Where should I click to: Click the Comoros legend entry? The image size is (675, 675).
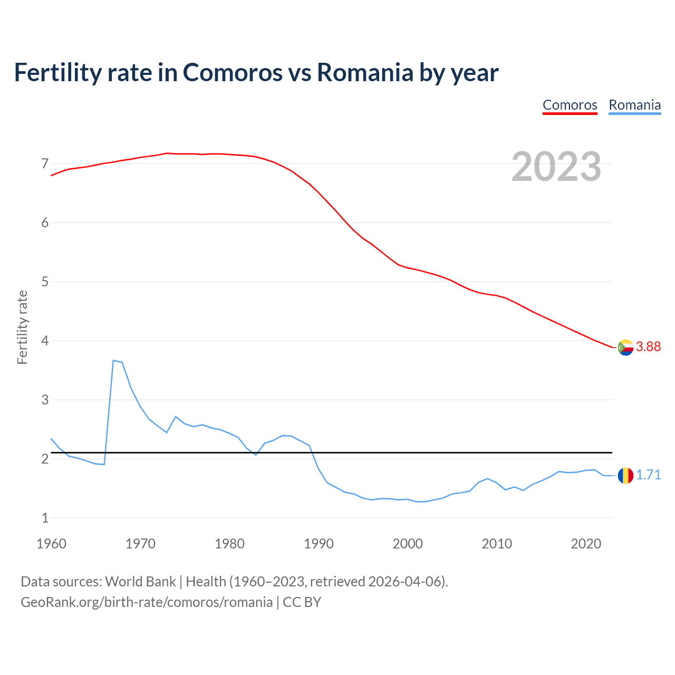click(x=570, y=105)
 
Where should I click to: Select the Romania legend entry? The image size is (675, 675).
click(x=634, y=105)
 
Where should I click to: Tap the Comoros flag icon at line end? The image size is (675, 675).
click(x=625, y=347)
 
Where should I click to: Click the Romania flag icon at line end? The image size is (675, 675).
click(x=625, y=475)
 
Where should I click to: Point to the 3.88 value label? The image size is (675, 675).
click(x=648, y=346)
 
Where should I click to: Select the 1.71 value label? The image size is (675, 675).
click(x=648, y=475)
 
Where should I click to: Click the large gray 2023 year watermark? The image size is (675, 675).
click(x=556, y=167)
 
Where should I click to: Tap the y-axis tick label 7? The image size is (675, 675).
click(x=45, y=163)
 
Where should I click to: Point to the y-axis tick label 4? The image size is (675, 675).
click(x=45, y=341)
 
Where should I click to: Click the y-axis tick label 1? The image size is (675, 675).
click(x=45, y=518)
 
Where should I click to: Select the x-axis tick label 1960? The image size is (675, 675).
click(x=51, y=544)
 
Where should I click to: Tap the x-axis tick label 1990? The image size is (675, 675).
click(x=319, y=544)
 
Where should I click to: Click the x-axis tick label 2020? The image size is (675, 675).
click(x=586, y=544)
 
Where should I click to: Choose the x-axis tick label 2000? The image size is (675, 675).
click(x=408, y=544)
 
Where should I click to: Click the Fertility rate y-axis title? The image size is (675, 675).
click(x=22, y=327)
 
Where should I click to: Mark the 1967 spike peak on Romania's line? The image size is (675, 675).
click(x=113, y=360)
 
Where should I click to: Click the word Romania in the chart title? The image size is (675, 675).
click(x=365, y=72)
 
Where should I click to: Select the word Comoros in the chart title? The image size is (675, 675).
click(x=233, y=72)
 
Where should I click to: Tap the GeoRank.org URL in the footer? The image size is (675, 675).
click(x=147, y=602)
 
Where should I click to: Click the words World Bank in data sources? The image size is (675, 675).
click(x=140, y=582)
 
